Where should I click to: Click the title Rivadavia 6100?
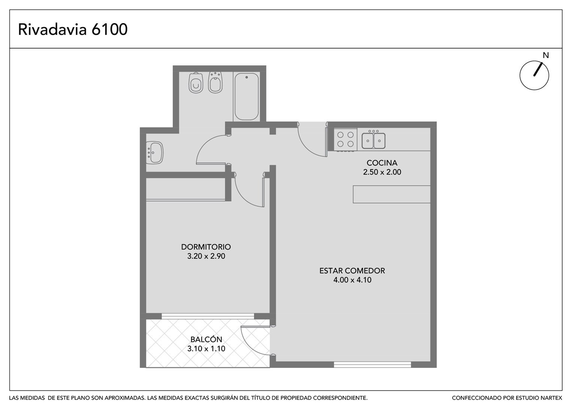click(x=73, y=29)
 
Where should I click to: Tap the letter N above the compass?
click(x=545, y=55)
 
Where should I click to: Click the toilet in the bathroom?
click(x=196, y=82)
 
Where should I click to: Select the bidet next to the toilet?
click(x=215, y=82)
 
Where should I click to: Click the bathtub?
click(x=246, y=97)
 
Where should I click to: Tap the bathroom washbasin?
click(x=155, y=153)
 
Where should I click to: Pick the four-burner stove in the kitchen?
click(x=345, y=139)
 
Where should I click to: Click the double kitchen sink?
click(x=373, y=140)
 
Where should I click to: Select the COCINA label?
click(x=382, y=163)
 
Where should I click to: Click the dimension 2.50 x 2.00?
click(x=382, y=172)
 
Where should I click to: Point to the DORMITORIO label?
click(x=206, y=247)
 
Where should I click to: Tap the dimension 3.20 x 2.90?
click(x=206, y=256)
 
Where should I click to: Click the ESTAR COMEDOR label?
click(x=352, y=270)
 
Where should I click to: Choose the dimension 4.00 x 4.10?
click(x=352, y=280)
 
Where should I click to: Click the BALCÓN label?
click(x=206, y=340)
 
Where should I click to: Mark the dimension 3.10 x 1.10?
click(x=206, y=349)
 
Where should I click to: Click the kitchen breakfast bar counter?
click(x=392, y=195)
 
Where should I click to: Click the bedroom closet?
click(x=186, y=189)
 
